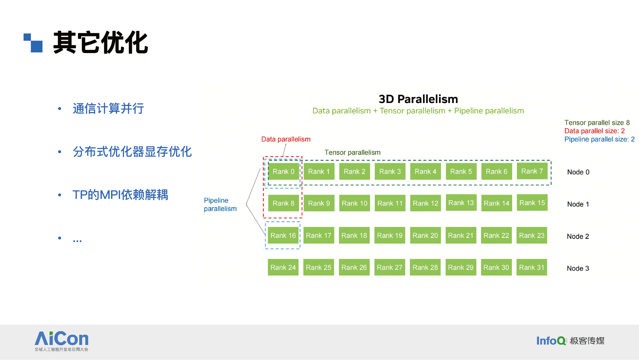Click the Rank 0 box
coord(283,171)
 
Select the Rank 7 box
coord(532,171)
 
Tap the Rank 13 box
coord(461,203)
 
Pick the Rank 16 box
coord(283,235)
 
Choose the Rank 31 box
coord(532,267)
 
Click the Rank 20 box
coord(425,235)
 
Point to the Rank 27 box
coord(389,267)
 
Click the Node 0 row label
coord(578,172)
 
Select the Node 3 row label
coord(578,268)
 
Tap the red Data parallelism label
coord(286,139)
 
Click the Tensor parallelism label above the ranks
coord(352,152)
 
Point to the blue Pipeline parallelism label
coord(220,204)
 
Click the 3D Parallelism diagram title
coord(418,99)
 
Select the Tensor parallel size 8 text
coord(597,122)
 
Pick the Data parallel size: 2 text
coord(595,131)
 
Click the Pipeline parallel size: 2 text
coord(600,139)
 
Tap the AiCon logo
coord(61,341)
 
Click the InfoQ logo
coord(570,340)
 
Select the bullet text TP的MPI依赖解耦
coord(120,195)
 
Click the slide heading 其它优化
coord(101,43)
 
